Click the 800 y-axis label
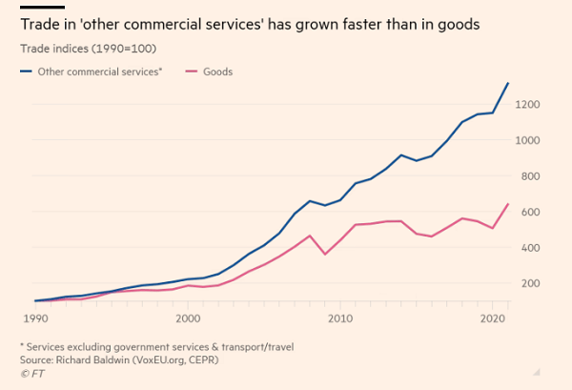[x=530, y=175]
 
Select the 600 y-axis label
[x=530, y=212]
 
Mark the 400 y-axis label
[x=530, y=248]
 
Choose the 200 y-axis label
[x=530, y=283]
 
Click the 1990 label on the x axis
[x=35, y=317]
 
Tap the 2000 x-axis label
[x=188, y=317]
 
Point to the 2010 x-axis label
[x=340, y=317]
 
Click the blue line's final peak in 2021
[x=508, y=83]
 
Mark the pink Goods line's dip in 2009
[x=325, y=254]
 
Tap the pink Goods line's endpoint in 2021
[x=508, y=204]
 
